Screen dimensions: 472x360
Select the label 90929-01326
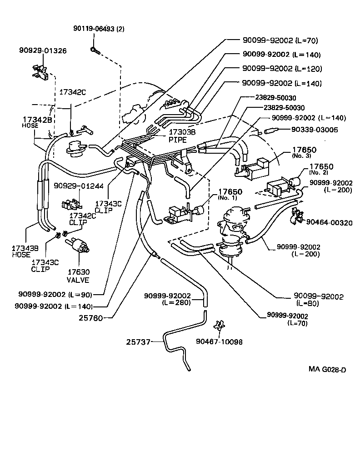point(42,50)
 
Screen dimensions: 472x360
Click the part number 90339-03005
point(314,130)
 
